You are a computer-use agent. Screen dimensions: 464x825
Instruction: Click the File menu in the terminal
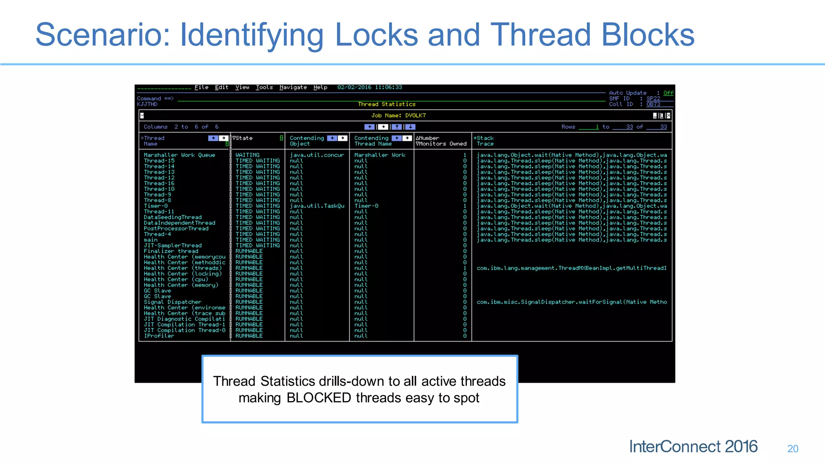coord(201,87)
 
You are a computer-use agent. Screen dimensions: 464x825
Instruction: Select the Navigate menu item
coord(293,87)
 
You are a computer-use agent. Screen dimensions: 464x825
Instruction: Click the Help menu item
coord(320,87)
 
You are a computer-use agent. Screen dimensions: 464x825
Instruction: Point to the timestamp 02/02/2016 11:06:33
coord(369,87)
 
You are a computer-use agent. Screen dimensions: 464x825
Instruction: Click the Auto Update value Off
coord(668,93)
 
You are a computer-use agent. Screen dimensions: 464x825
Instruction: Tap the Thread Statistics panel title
coord(386,104)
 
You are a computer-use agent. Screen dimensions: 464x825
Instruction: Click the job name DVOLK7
coord(415,116)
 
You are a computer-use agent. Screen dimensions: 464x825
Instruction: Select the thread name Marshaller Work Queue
coord(179,155)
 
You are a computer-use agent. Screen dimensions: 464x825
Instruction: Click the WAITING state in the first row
coord(247,155)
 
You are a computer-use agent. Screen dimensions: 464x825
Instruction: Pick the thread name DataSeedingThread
coord(172,217)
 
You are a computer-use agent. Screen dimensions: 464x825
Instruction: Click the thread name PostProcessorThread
coord(176,228)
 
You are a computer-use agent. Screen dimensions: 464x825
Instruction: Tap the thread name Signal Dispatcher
coord(172,302)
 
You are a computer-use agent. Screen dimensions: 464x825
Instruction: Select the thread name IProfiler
coord(159,336)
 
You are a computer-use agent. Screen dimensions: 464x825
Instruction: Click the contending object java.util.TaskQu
coord(317,206)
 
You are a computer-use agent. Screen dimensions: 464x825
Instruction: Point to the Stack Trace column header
coord(485,141)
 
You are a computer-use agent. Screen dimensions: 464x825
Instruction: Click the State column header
coord(244,138)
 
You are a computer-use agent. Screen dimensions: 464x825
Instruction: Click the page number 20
coord(792,449)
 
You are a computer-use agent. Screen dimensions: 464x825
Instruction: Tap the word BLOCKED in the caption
coord(319,398)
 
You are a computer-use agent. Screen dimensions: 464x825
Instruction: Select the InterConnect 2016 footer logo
coord(693,447)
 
